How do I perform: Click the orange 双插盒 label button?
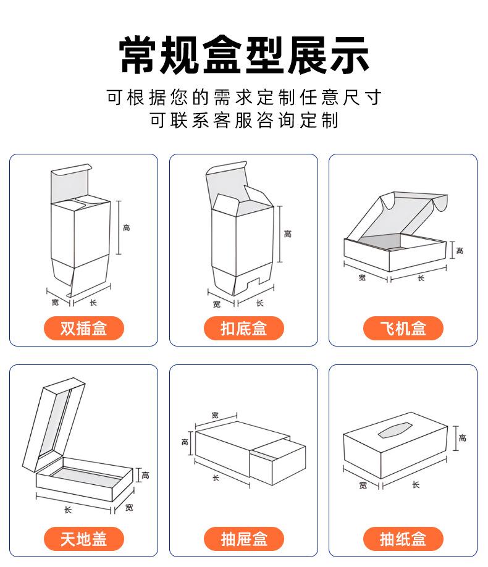coord(83,328)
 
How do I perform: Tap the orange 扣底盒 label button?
coord(243,328)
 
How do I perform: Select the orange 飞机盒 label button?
coord(403,328)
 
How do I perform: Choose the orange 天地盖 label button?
coord(83,539)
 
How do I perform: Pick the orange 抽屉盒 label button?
coord(243,539)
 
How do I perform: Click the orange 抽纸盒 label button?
coord(403,539)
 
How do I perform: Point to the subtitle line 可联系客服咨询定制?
coord(244,120)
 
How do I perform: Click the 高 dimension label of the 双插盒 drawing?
coord(126,228)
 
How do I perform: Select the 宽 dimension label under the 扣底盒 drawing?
coord(216,304)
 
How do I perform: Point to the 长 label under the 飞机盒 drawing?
coord(421,278)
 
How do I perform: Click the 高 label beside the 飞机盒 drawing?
coord(460,250)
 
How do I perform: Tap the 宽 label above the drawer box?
coord(215,414)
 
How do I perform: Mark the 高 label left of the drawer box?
coord(185,442)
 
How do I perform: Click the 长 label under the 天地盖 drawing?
coord(68,510)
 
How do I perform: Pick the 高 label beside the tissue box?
coord(463,438)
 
